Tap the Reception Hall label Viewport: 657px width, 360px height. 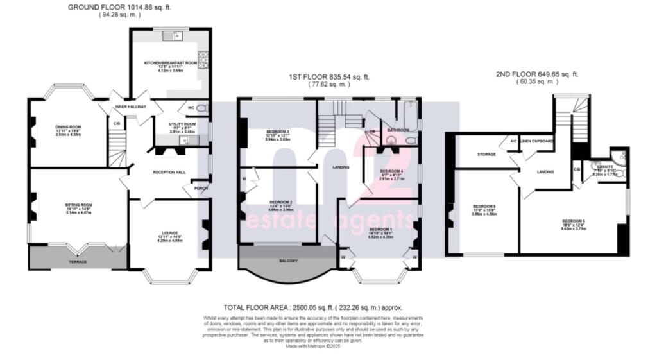pyautogui.click(x=169, y=172)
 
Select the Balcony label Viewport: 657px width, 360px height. pyautogui.click(x=287, y=261)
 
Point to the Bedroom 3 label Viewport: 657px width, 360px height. pyautogui.click(x=278, y=132)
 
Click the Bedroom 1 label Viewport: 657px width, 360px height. pyautogui.click(x=380, y=229)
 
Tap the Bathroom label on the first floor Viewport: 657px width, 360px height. pyautogui.click(x=398, y=130)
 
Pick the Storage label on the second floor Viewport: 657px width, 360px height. pyautogui.click(x=487, y=155)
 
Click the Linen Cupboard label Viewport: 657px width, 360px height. pyautogui.click(x=537, y=140)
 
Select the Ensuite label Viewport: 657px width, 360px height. pyautogui.click(x=604, y=166)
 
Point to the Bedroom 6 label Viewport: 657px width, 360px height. pyautogui.click(x=485, y=206)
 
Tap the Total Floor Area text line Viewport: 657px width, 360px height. pyautogui.click(x=312, y=308)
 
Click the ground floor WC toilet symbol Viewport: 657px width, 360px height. pyautogui.click(x=203, y=108)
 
